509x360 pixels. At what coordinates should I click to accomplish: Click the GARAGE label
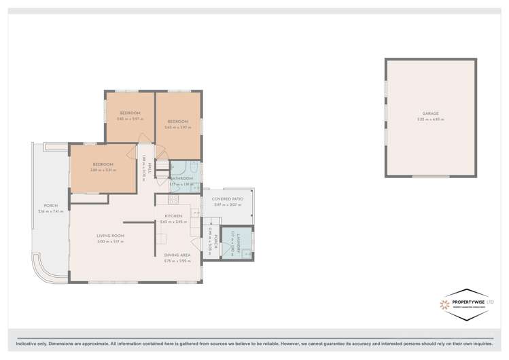click(430, 113)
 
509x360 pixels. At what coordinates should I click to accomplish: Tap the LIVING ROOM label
click(109, 236)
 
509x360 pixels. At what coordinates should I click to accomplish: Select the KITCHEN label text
click(173, 216)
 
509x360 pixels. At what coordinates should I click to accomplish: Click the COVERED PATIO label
click(227, 198)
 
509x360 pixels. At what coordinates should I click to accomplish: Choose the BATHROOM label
click(181, 179)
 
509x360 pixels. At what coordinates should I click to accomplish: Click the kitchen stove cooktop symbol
click(173, 200)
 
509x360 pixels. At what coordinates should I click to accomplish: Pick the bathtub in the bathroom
click(193, 168)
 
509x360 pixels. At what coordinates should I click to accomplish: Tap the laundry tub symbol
click(247, 253)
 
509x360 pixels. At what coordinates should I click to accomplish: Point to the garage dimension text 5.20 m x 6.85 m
click(430, 120)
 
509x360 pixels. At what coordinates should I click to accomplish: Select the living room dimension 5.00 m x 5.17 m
click(109, 242)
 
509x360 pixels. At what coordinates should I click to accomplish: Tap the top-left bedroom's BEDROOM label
click(130, 113)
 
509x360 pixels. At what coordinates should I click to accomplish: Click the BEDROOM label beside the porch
click(103, 164)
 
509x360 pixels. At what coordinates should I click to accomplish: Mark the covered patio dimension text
click(227, 204)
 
